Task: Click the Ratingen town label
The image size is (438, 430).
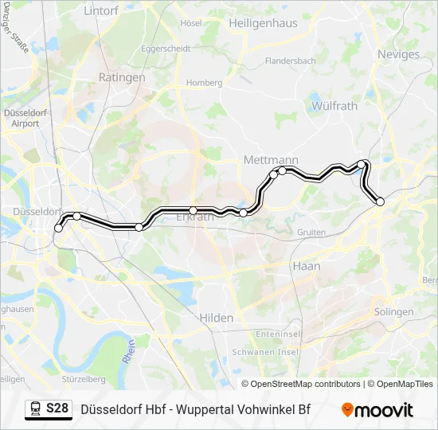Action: pyautogui.click(x=121, y=77)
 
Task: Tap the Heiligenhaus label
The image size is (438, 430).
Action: pyautogui.click(x=263, y=23)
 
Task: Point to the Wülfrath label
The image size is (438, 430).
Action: pyautogui.click(x=334, y=105)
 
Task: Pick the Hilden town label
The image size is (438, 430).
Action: pyautogui.click(x=217, y=318)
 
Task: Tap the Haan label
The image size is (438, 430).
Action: pyautogui.click(x=306, y=266)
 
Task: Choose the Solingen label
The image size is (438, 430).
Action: pyautogui.click(x=393, y=312)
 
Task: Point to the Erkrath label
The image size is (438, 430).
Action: pyautogui.click(x=194, y=217)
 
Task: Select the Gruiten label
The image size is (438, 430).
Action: pyautogui.click(x=311, y=233)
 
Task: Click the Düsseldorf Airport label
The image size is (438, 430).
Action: pyautogui.click(x=25, y=118)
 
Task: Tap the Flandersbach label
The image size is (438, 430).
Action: pyautogui.click(x=291, y=61)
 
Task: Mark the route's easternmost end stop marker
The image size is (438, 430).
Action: pyautogui.click(x=380, y=201)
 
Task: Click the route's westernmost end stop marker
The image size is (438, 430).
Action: pyautogui.click(x=58, y=229)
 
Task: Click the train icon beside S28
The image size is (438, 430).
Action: pyautogui.click(x=35, y=409)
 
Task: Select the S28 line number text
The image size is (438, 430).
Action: pyautogui.click(x=57, y=409)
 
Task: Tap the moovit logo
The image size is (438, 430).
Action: pyautogui.click(x=377, y=410)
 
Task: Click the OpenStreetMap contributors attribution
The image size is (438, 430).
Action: pyautogui.click(x=300, y=384)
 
